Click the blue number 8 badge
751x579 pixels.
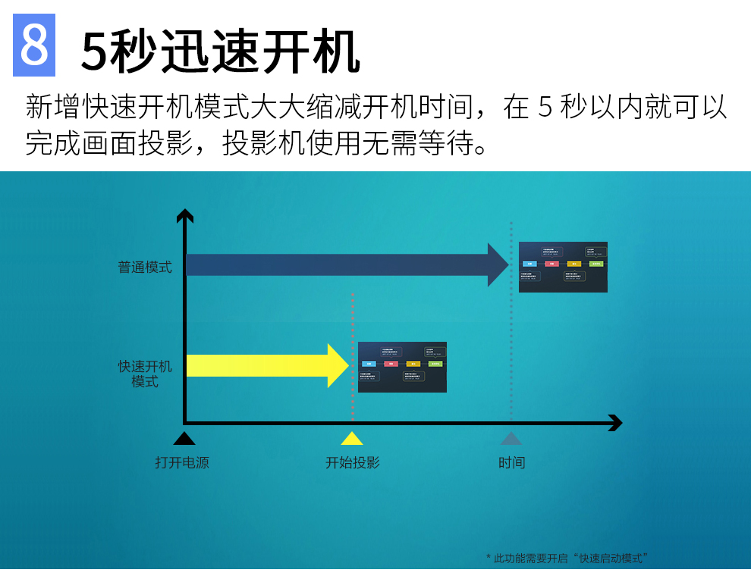pos(34,45)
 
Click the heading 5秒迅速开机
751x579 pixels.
pos(220,52)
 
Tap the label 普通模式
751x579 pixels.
pos(145,268)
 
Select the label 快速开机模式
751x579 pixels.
pos(145,374)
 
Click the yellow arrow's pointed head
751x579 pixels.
pos(338,365)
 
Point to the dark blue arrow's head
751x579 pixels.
pos(498,264)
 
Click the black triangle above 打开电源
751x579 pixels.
pos(184,438)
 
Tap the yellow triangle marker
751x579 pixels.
pos(352,438)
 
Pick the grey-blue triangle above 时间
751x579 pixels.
pos(511,438)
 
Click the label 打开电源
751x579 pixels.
pos(182,462)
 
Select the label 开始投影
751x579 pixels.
pos(352,462)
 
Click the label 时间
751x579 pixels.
pos(511,462)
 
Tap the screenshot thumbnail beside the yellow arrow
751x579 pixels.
pos(402,367)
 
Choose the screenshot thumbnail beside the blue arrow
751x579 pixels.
pos(563,267)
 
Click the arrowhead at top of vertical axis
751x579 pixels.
pos(185,215)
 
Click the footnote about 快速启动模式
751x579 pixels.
pos(567,559)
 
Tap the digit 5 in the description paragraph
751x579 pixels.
pos(544,108)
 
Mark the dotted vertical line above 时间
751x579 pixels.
pos(511,341)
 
